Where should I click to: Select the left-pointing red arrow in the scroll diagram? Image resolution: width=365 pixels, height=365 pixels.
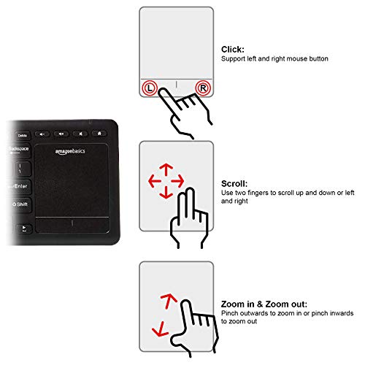151,179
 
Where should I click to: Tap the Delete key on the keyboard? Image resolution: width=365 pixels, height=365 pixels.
22,135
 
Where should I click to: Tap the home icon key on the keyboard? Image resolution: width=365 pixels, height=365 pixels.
99,134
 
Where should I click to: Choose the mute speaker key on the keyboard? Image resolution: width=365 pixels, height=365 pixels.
81,134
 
